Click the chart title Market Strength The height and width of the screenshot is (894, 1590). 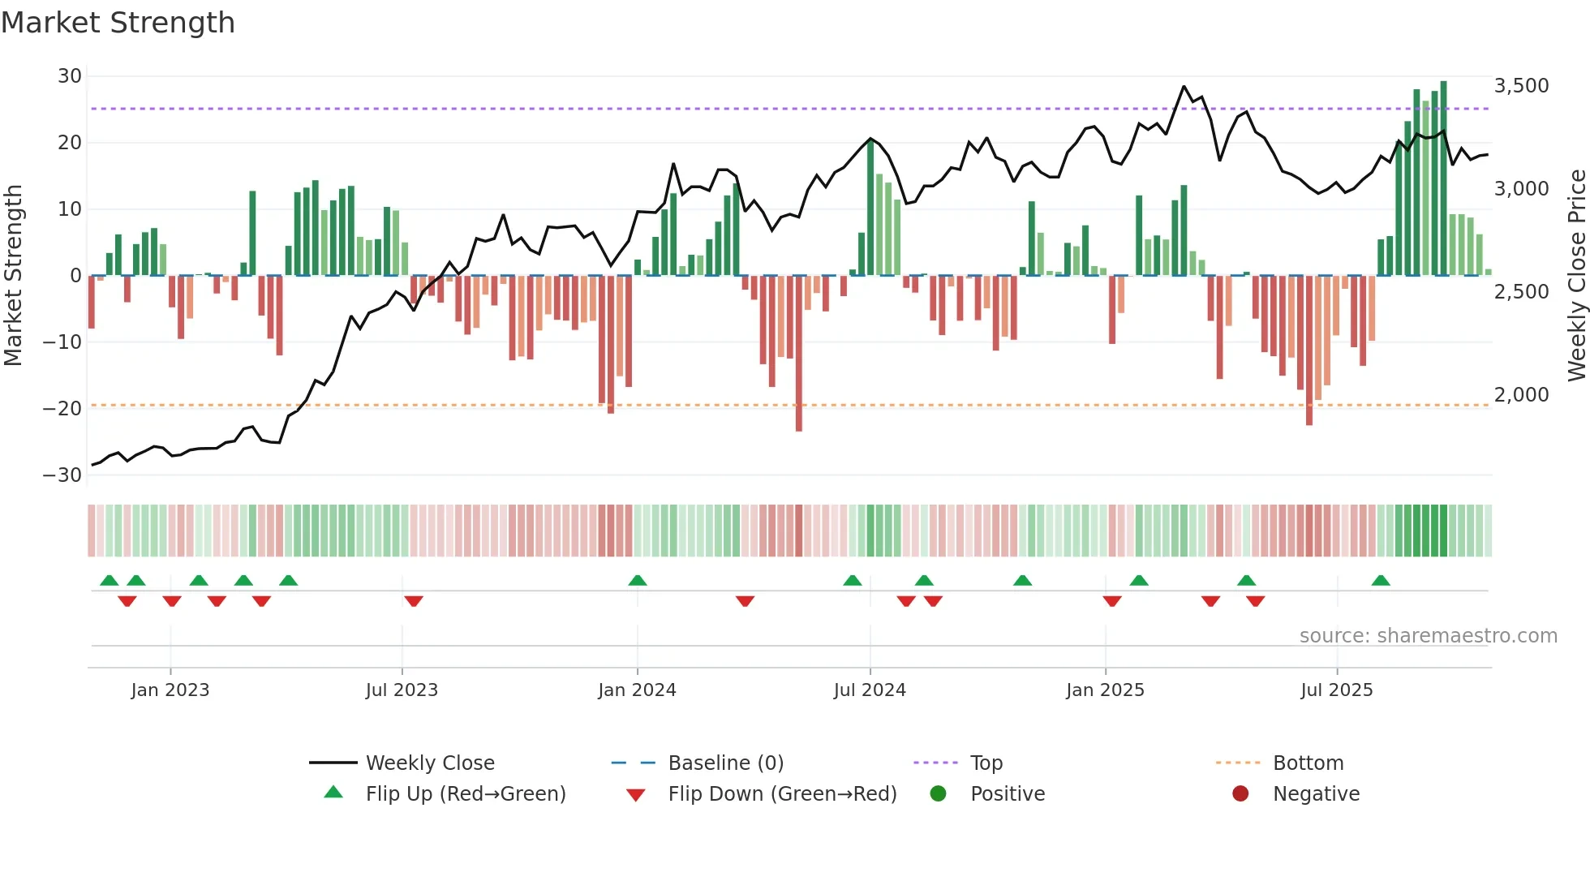(118, 23)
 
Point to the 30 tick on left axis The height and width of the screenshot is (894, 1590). (70, 76)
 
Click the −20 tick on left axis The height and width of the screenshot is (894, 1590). (62, 408)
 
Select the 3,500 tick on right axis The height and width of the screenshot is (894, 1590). (1521, 85)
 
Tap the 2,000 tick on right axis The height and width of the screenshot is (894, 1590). (1521, 395)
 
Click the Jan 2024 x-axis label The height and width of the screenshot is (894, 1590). (637, 690)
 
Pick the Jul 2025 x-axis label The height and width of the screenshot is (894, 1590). (1336, 690)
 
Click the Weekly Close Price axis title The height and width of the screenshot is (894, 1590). (1576, 275)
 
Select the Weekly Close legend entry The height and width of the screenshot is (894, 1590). (429, 763)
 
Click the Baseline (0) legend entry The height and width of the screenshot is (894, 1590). (725, 763)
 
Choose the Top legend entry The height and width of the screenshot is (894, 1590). (986, 763)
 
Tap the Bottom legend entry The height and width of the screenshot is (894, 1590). (1308, 763)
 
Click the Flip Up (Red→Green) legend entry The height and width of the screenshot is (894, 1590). (465, 794)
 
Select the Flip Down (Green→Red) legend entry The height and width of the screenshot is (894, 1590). (782, 794)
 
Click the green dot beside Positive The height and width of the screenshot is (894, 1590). (939, 793)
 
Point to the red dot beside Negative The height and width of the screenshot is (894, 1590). (1240, 793)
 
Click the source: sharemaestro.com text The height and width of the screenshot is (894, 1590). (1428, 636)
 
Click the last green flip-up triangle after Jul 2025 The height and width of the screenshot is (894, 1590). (1381, 580)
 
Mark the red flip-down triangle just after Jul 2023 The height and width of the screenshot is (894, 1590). (414, 601)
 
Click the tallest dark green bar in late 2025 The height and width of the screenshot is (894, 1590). (1443, 178)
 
